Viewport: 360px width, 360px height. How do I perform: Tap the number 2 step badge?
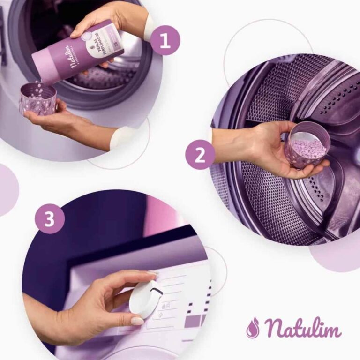tap(200, 155)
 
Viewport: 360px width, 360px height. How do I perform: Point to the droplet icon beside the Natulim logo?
tap(253, 327)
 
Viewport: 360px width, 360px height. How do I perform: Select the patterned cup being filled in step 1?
tap(37, 99)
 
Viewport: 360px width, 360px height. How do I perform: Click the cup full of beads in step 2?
tap(307, 145)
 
